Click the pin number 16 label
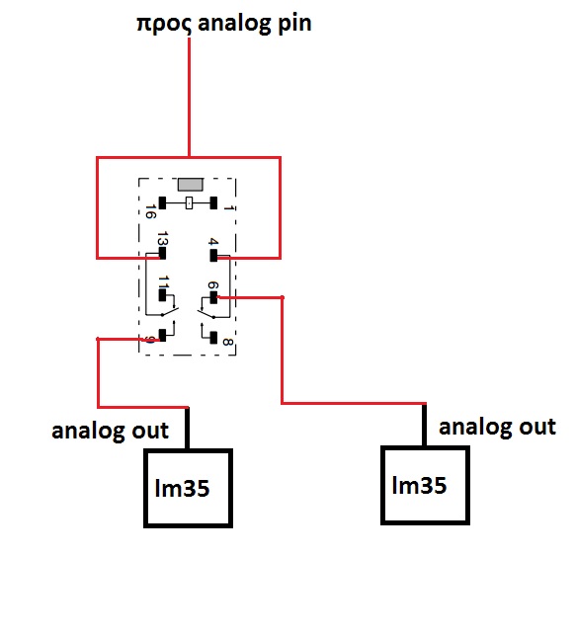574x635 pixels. pos(151,211)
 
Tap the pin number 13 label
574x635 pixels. pos(162,239)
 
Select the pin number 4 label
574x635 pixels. pos(213,242)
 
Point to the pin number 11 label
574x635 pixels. pos(164,281)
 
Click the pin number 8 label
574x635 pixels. pos(227,342)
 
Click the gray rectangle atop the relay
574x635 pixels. pos(191,185)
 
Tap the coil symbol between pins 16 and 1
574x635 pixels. pos(189,202)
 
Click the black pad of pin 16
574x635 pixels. pos(162,202)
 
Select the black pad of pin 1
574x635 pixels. pos(213,202)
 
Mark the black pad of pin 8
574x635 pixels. pos(213,338)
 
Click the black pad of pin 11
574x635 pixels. pos(162,295)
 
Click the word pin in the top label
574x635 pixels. pos(294,24)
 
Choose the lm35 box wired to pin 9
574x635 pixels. pos(189,488)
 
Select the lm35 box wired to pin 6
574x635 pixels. pos(426,486)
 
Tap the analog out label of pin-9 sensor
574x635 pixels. pos(111,431)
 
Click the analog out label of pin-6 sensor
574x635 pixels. pos(498,427)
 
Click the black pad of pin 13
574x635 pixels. pos(162,254)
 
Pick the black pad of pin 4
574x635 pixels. pos(213,256)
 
